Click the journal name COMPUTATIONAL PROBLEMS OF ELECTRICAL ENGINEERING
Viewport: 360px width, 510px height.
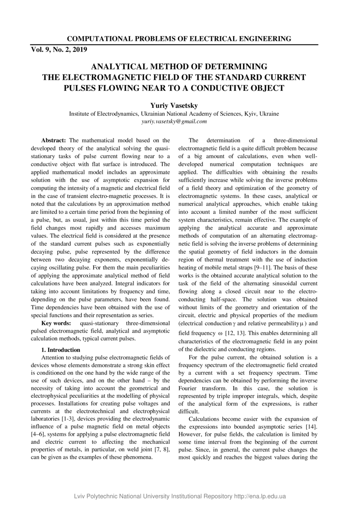[x=179, y=39]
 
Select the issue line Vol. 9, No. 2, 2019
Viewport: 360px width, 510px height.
[x=59, y=50]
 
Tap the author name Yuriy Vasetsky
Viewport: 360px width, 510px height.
[x=174, y=106]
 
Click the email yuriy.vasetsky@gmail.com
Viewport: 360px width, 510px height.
[x=174, y=121]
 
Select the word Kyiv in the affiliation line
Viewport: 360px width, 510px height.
[x=249, y=114]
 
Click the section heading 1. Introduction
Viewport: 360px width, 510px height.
[x=61, y=350]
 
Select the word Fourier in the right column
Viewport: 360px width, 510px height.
[x=189, y=388]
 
